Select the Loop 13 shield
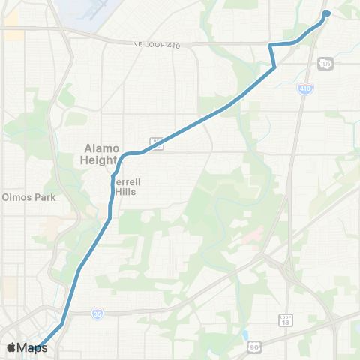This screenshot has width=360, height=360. pyautogui.click(x=285, y=319)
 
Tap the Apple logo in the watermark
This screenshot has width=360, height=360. pyautogui.click(x=11, y=347)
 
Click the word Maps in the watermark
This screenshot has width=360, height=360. pyautogui.click(x=31, y=347)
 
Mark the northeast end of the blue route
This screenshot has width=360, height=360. pyautogui.click(x=328, y=12)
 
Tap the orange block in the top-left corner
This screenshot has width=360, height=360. pyautogui.click(x=13, y=33)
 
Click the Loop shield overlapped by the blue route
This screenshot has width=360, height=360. pyautogui.click(x=156, y=142)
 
